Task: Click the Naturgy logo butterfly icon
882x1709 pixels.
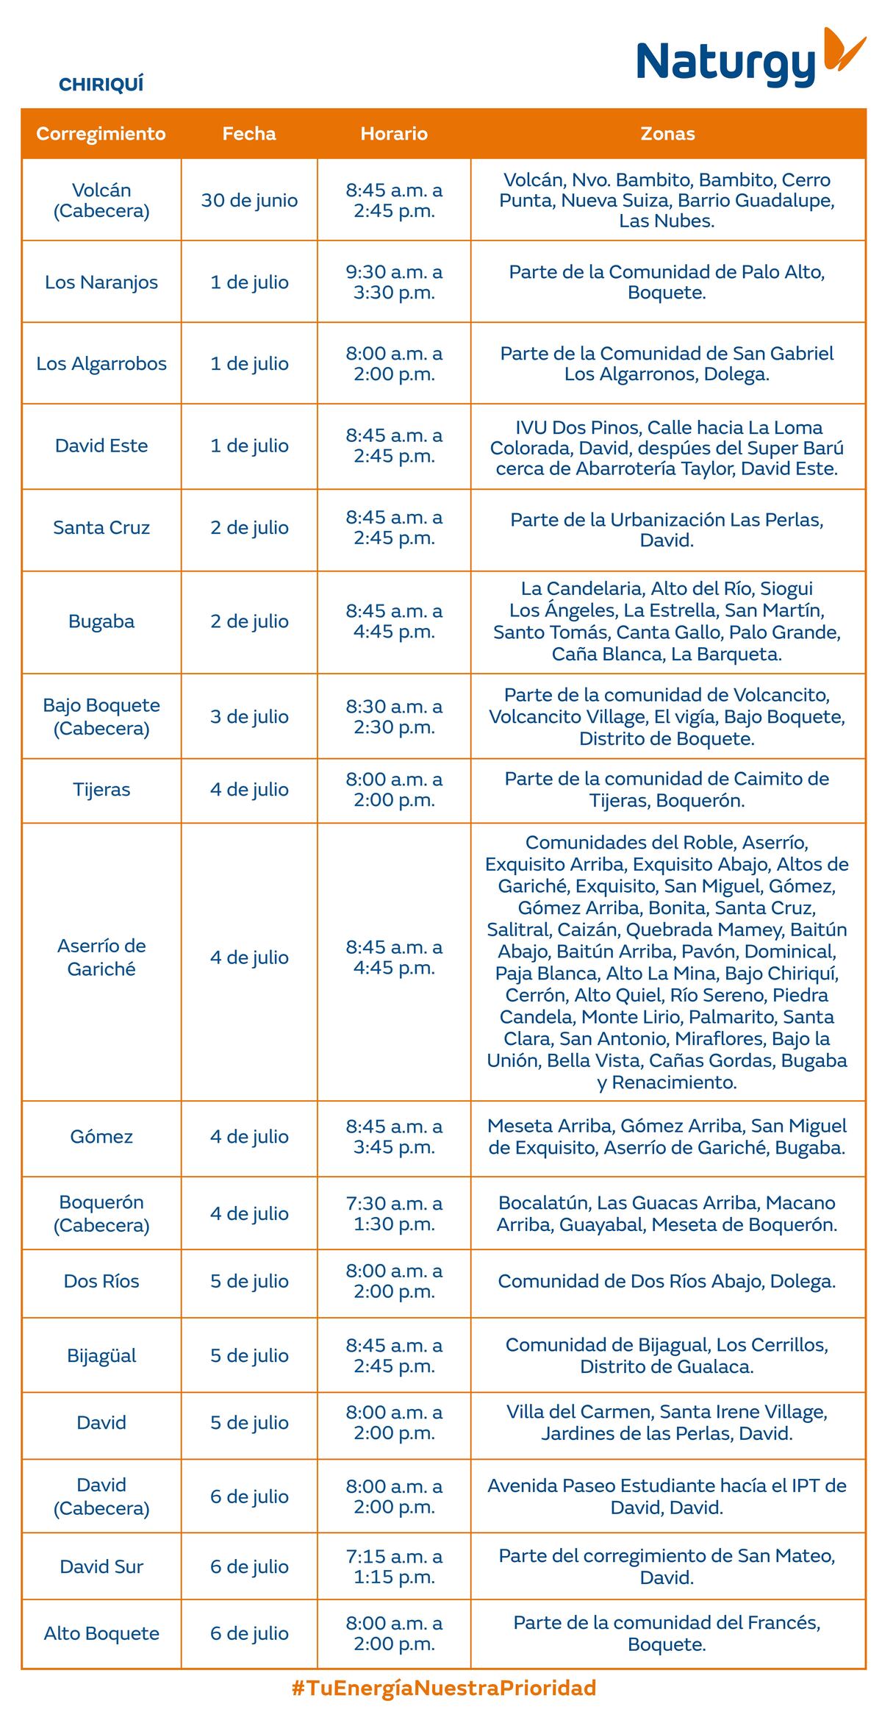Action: (x=844, y=50)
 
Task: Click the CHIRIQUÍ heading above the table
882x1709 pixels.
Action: (x=101, y=85)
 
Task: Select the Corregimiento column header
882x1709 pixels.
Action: (x=101, y=134)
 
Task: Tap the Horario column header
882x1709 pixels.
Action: (x=394, y=134)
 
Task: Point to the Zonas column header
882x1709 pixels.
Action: (x=667, y=134)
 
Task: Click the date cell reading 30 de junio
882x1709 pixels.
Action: (x=249, y=201)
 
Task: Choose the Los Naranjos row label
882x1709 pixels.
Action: (x=101, y=282)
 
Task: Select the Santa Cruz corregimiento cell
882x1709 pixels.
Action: (x=101, y=528)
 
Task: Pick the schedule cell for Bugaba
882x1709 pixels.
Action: (x=394, y=621)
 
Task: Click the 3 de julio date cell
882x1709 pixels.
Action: (x=249, y=717)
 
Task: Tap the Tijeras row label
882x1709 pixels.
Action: (x=101, y=790)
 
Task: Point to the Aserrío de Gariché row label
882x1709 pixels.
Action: (x=101, y=957)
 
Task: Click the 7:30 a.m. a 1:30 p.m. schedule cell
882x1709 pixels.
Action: (x=394, y=1213)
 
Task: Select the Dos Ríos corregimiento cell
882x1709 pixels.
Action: (x=101, y=1281)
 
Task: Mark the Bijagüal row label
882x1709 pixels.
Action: (x=101, y=1355)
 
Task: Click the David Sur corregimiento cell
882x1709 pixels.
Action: (x=101, y=1566)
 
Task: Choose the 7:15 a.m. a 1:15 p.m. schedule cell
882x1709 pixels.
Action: (x=394, y=1566)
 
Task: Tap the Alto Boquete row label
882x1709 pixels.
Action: (x=101, y=1633)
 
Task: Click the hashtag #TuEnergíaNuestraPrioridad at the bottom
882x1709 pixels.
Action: (x=444, y=1688)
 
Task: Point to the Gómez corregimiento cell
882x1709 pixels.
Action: (x=101, y=1137)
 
